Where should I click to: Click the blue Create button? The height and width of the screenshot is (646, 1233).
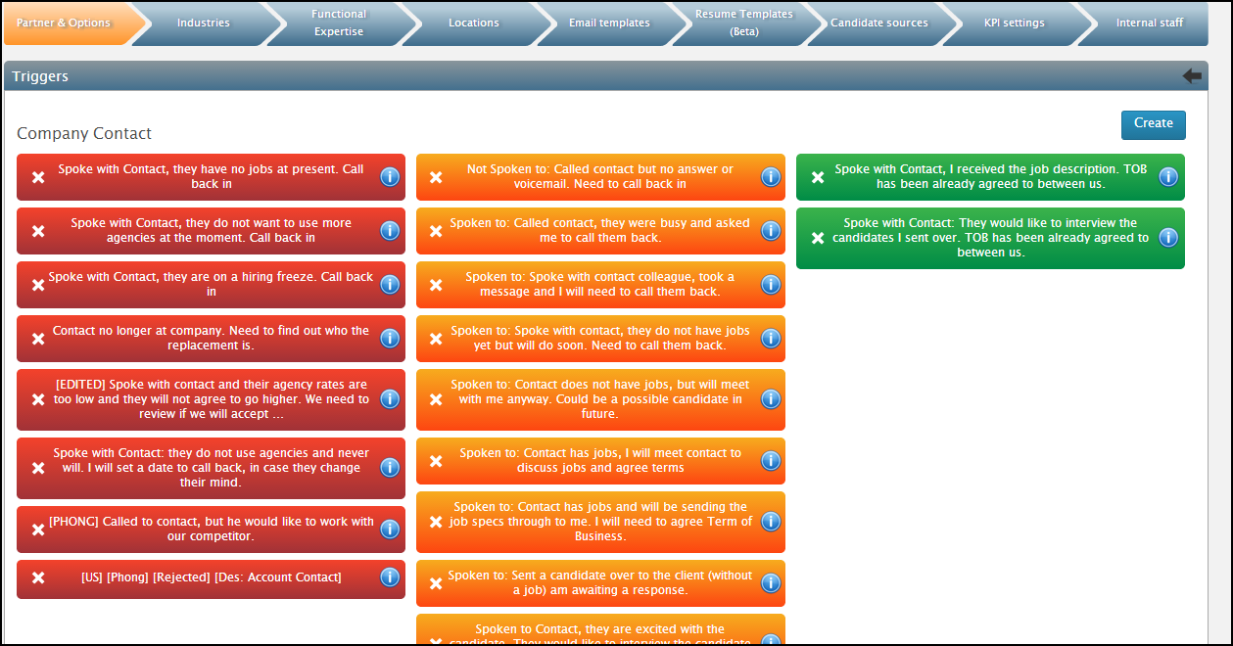tap(1153, 124)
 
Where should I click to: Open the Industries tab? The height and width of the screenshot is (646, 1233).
tap(203, 23)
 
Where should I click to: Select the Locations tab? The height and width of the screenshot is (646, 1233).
tap(473, 23)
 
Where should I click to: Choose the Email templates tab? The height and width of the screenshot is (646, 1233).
tap(609, 23)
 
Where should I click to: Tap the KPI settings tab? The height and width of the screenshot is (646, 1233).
tap(1014, 23)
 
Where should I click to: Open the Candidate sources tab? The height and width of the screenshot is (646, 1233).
tap(878, 23)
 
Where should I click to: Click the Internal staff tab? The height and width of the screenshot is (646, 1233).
tap(1149, 23)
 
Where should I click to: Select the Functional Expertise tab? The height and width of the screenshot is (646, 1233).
tap(339, 23)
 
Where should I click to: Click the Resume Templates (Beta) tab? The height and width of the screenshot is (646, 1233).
tap(744, 23)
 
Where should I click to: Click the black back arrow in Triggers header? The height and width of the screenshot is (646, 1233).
tap(1192, 76)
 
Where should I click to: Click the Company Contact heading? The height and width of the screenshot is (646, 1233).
tap(84, 134)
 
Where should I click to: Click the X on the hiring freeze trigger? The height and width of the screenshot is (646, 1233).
tap(38, 285)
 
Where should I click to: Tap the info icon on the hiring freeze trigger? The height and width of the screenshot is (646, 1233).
tap(389, 285)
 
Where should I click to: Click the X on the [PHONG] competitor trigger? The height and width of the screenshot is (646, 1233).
tap(38, 530)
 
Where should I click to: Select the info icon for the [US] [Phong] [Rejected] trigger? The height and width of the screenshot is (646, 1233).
tap(389, 577)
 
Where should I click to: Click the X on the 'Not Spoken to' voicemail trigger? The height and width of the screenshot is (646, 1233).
tap(436, 177)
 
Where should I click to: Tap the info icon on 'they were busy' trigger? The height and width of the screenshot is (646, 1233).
tap(770, 231)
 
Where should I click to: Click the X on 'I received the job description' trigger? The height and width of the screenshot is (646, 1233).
tap(817, 177)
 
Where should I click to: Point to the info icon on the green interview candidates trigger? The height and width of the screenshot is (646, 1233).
tap(1167, 238)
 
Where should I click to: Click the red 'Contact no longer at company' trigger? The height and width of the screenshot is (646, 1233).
tap(211, 338)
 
